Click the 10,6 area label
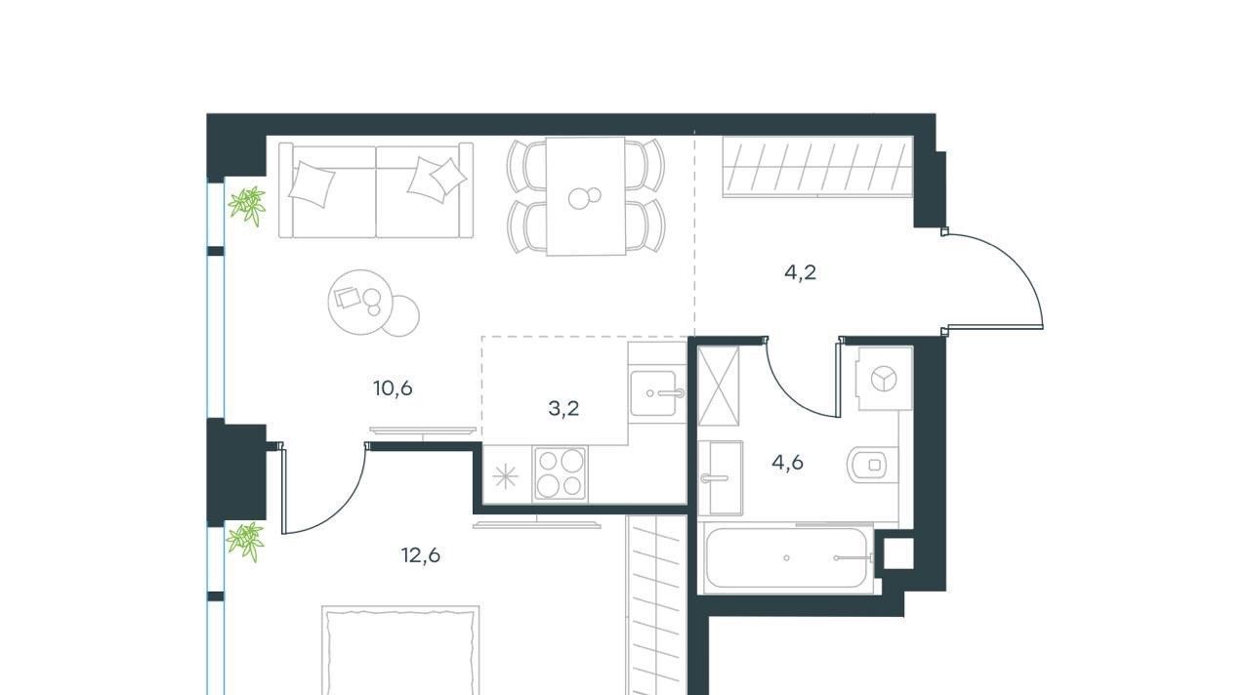(393, 388)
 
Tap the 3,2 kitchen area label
(563, 409)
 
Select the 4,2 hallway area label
(800, 272)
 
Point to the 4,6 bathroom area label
(787, 463)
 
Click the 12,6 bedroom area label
(421, 555)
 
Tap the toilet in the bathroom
(872, 464)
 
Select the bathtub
(787, 557)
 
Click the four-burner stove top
(561, 473)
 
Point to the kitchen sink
(656, 393)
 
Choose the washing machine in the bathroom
(885, 379)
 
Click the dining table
(585, 196)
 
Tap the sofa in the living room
(376, 190)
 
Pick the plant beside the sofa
(247, 205)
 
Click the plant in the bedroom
(245, 541)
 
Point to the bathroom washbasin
(721, 477)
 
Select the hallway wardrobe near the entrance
(817, 166)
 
